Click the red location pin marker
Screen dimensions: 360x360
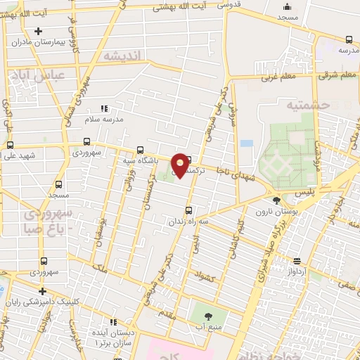[x=181, y=165]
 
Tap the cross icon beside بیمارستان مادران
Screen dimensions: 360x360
[x=38, y=31]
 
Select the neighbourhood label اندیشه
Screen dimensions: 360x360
[x=122, y=55]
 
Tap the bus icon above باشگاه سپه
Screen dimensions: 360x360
[x=140, y=150]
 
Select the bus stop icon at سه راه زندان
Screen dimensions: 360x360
[x=188, y=210]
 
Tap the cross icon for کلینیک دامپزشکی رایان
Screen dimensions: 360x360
[x=42, y=291]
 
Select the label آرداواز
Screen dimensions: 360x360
[x=297, y=270]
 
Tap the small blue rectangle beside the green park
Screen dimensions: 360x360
[x=246, y=143]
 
